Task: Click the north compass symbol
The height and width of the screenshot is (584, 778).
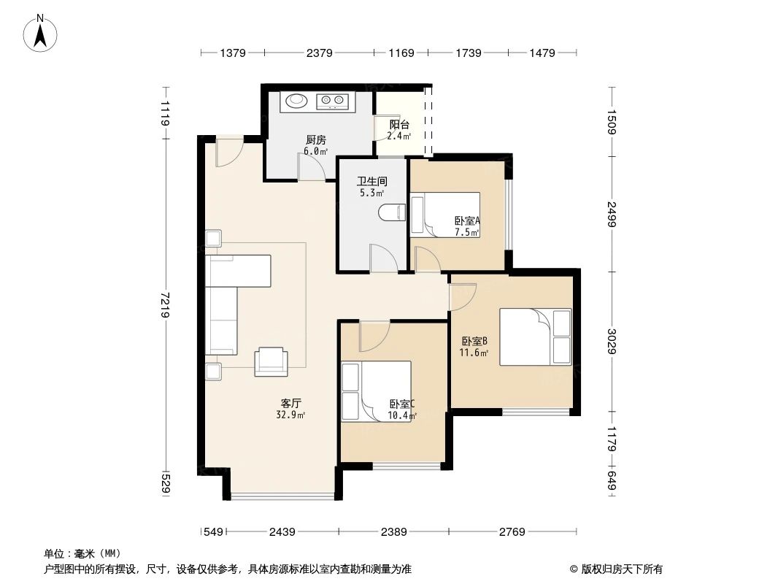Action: pos(42,34)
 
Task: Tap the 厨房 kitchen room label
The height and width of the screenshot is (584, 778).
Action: pos(315,140)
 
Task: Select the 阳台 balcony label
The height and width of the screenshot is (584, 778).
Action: pos(398,124)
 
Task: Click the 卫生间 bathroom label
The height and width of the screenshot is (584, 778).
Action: pos(371,181)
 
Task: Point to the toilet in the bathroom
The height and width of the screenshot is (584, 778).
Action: pos(391,212)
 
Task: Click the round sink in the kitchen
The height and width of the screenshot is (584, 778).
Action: pos(296,101)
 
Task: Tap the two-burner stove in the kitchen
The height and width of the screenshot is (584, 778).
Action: pos(333,101)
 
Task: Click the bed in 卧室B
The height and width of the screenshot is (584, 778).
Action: pos(535,336)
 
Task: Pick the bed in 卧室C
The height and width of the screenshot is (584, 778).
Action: pos(376,391)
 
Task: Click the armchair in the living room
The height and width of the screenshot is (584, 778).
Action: pos(271,361)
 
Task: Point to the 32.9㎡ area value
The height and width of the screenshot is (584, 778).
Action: pos(290,415)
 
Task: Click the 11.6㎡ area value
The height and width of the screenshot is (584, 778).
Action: pos(473,353)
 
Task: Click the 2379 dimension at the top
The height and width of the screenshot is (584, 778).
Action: pos(319,53)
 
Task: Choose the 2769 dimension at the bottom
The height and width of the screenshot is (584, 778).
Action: pos(512,531)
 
